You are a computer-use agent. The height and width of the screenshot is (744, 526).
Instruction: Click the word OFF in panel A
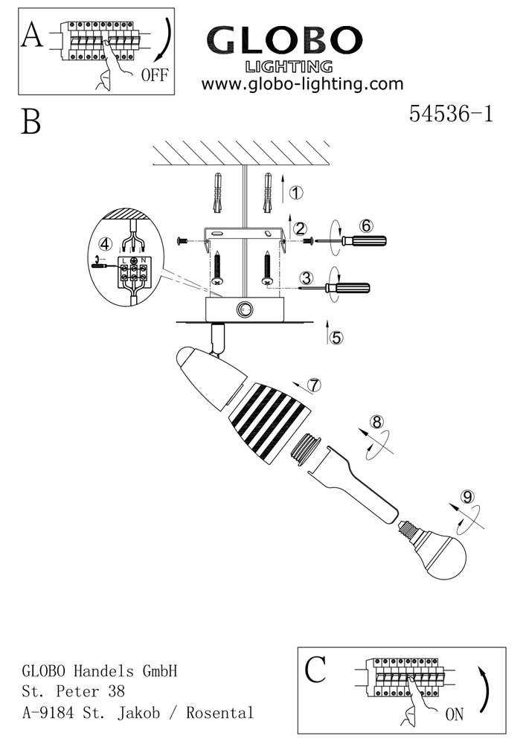click(154, 74)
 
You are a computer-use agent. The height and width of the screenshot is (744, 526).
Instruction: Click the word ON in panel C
click(454, 715)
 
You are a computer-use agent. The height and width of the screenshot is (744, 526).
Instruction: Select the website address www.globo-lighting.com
click(302, 84)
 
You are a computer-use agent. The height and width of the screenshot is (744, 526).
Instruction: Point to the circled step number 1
click(296, 193)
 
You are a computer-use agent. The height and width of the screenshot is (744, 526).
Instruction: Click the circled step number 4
click(106, 244)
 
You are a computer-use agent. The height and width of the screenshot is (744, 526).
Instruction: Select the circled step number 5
click(336, 337)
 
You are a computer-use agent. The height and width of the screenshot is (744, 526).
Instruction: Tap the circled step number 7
click(315, 385)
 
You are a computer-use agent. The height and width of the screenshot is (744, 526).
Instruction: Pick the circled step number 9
click(467, 496)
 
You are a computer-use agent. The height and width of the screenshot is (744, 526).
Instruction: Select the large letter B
click(31, 122)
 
